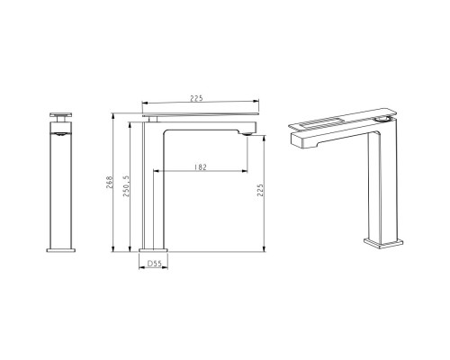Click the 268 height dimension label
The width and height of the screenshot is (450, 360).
109,182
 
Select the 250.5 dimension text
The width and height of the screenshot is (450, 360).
126,186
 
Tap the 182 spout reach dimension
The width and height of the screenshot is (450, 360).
201,167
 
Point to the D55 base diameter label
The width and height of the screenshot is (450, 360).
154,264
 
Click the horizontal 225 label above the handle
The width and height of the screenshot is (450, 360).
196,98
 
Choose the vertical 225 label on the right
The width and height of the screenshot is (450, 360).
260,190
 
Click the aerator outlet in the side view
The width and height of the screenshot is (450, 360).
247,134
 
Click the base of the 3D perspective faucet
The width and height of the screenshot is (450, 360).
383,243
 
